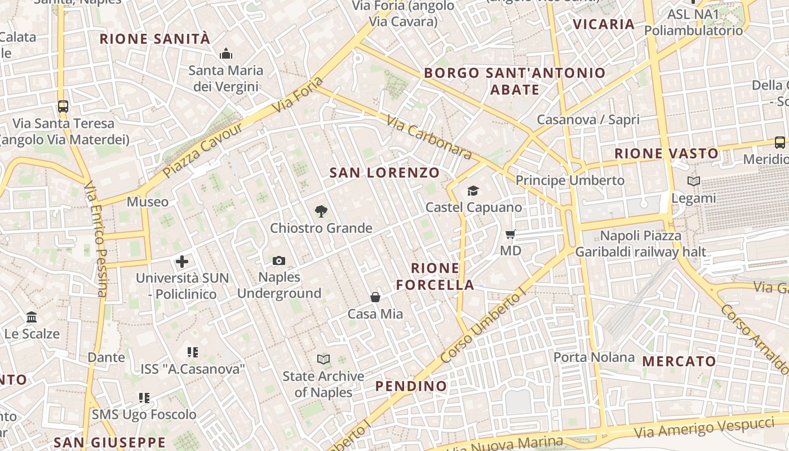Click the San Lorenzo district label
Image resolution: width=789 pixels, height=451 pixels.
[384, 173]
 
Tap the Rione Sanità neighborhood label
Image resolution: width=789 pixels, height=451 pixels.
[154, 39]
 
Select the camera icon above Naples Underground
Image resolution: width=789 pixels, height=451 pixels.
[279, 260]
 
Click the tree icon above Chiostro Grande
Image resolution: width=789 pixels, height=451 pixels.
[321, 211]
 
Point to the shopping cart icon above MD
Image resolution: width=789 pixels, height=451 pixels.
[511, 234]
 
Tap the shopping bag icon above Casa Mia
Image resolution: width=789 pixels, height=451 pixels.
[375, 297]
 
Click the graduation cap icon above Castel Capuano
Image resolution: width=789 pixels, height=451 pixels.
[473, 191]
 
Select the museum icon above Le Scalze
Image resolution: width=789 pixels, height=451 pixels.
[32, 317]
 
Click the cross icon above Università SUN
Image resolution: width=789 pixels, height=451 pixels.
[182, 262]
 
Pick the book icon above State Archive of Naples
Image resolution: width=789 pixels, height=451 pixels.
[323, 359]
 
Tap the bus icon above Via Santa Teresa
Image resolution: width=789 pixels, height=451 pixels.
[63, 106]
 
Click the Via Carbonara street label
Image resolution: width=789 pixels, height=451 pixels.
[429, 137]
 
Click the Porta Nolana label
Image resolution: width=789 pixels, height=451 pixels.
[593, 357]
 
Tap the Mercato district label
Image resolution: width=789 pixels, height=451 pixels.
[679, 361]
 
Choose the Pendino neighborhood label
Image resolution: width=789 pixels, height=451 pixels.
[411, 386]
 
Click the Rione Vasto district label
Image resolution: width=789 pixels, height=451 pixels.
[667, 153]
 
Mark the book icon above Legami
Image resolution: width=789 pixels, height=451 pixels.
[694, 181]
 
